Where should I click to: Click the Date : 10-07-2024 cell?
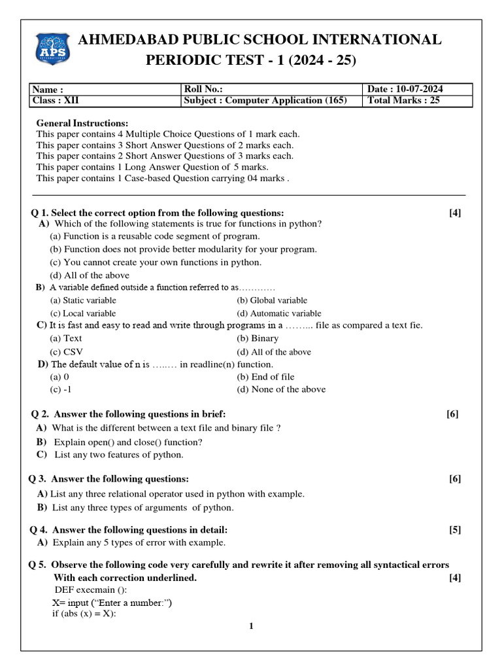click(x=409, y=89)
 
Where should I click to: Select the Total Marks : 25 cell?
click(x=404, y=100)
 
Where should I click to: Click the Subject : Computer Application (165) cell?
click(x=265, y=100)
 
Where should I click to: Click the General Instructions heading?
click(x=82, y=123)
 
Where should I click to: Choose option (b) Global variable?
click(x=272, y=300)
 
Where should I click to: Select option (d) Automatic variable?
click(x=279, y=313)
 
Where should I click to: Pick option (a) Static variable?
click(x=83, y=300)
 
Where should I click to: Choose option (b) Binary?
click(x=258, y=338)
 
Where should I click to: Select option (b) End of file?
click(x=265, y=377)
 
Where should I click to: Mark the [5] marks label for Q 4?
click(x=455, y=529)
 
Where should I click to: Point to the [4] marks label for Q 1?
click(x=455, y=213)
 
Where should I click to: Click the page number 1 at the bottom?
click(x=250, y=626)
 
